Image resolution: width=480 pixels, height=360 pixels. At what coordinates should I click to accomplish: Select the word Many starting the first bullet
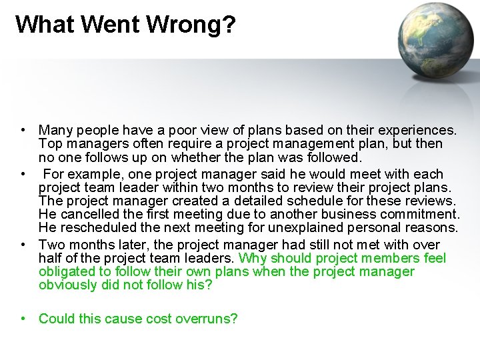tap(55, 130)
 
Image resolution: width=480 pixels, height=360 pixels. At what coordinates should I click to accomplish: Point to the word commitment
tap(419, 214)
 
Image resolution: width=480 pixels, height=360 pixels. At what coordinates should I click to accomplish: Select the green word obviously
tap(69, 285)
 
